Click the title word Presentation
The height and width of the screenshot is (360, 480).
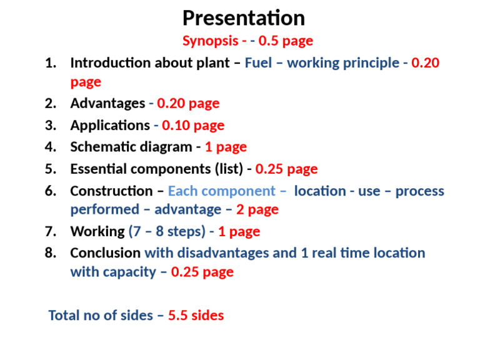243,17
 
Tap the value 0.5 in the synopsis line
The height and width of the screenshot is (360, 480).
269,41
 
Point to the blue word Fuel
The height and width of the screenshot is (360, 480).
258,63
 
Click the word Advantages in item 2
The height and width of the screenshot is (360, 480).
107,103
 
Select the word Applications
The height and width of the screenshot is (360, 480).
109,126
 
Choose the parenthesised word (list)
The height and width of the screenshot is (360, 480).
229,169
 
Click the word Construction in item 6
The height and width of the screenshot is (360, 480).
111,191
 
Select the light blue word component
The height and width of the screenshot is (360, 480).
244,191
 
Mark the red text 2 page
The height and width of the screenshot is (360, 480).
257,210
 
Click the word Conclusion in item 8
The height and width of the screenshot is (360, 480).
105,253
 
